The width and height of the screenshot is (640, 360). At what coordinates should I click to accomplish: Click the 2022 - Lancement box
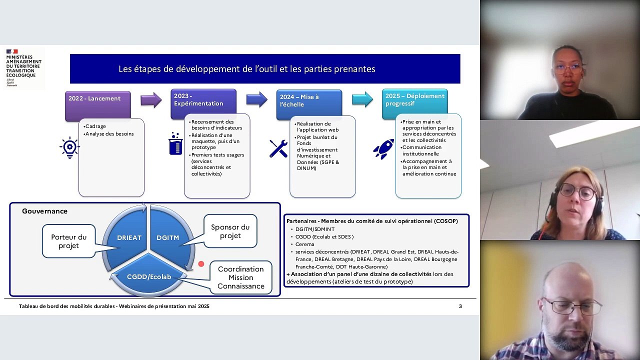pos(97,105)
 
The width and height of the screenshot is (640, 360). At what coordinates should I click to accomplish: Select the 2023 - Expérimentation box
pos(203,103)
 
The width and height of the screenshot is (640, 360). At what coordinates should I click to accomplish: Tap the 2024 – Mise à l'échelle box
pos(309,104)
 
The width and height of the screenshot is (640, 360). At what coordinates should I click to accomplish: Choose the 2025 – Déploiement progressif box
pos(414,103)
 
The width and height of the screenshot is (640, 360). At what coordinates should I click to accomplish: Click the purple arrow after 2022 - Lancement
pos(151,100)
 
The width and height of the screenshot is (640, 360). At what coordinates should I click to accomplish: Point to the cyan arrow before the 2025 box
pos(362,99)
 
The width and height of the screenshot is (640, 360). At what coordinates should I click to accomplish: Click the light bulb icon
pos(69,147)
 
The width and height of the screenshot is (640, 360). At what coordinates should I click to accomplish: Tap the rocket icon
pos(383,148)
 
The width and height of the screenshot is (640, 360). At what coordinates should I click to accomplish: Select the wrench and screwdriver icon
pos(278,148)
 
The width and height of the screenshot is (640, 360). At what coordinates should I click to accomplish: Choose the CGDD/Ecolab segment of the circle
pos(149,276)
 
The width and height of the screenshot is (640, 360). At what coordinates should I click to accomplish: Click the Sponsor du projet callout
pos(230,231)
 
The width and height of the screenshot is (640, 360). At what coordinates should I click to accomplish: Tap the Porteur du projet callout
pos(69,241)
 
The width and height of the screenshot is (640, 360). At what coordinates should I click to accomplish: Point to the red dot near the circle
pos(201,263)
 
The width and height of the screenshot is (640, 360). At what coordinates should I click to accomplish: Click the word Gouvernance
pos(44,211)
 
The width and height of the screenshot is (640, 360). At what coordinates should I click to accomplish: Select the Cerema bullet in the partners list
pos(304,244)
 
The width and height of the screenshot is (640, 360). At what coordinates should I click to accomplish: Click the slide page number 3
pos(460,306)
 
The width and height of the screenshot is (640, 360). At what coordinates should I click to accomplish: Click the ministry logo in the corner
pos(23,68)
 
